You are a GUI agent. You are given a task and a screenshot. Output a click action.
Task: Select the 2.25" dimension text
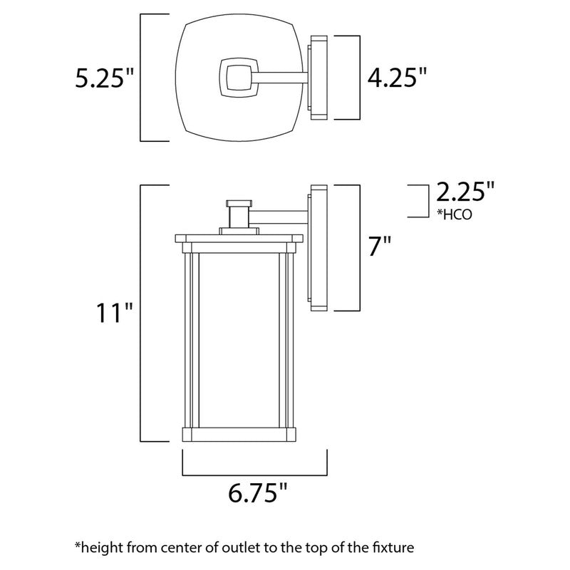click(x=465, y=193)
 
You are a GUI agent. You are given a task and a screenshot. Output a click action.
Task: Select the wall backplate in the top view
click(x=318, y=76)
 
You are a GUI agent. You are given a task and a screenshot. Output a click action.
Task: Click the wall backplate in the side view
click(x=318, y=247)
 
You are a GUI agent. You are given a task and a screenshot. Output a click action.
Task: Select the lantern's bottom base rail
click(x=239, y=433)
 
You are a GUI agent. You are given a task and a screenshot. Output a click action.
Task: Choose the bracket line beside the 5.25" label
click(x=140, y=77)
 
